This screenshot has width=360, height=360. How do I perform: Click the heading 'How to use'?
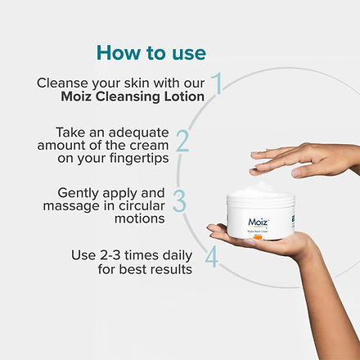coord(151,52)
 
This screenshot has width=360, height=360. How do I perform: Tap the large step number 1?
coord(217,83)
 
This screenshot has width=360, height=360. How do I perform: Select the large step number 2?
coord(182,140)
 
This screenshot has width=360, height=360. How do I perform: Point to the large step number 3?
coord(179,201)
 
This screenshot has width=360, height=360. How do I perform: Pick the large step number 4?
coord(211,258)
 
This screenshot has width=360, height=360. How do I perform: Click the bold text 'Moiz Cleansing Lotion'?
coord(133,97)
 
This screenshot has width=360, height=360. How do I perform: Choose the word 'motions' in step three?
coord(142,218)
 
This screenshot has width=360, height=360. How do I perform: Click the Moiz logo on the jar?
coord(259,222)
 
